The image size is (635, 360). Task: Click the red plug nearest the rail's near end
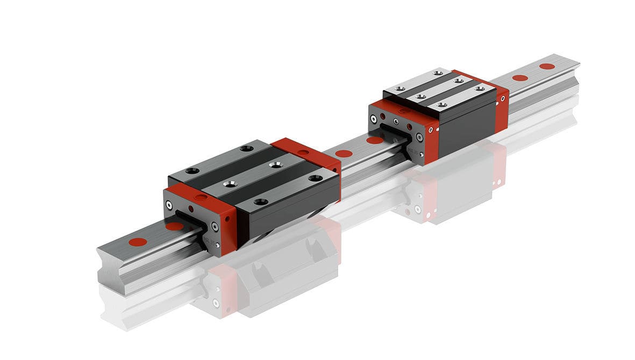[138, 241]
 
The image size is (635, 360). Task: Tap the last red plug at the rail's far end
[547, 66]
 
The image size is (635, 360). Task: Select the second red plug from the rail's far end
[520, 78]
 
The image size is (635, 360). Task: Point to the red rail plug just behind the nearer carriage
[344, 154]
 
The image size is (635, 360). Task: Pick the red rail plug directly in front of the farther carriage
[375, 141]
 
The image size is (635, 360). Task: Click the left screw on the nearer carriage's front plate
[170, 205]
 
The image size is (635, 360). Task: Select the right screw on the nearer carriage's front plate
[216, 227]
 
